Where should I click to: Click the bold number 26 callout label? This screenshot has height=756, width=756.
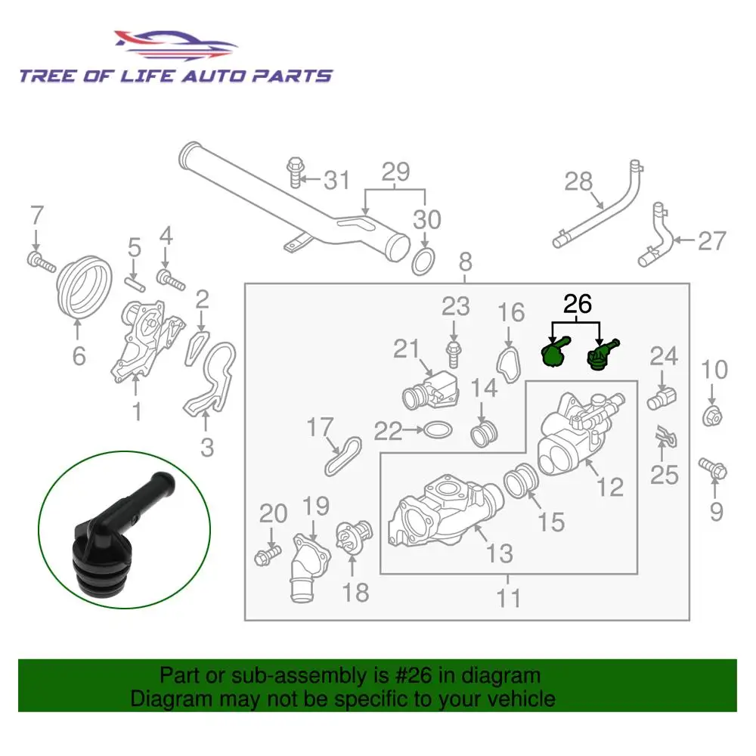577,304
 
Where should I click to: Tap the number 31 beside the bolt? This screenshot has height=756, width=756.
336,180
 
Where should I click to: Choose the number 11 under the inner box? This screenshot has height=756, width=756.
509,598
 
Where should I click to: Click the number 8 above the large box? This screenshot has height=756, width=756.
465,262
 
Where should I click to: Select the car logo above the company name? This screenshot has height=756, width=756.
174,44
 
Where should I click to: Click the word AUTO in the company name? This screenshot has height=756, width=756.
206,76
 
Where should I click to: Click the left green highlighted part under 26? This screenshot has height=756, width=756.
556,352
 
